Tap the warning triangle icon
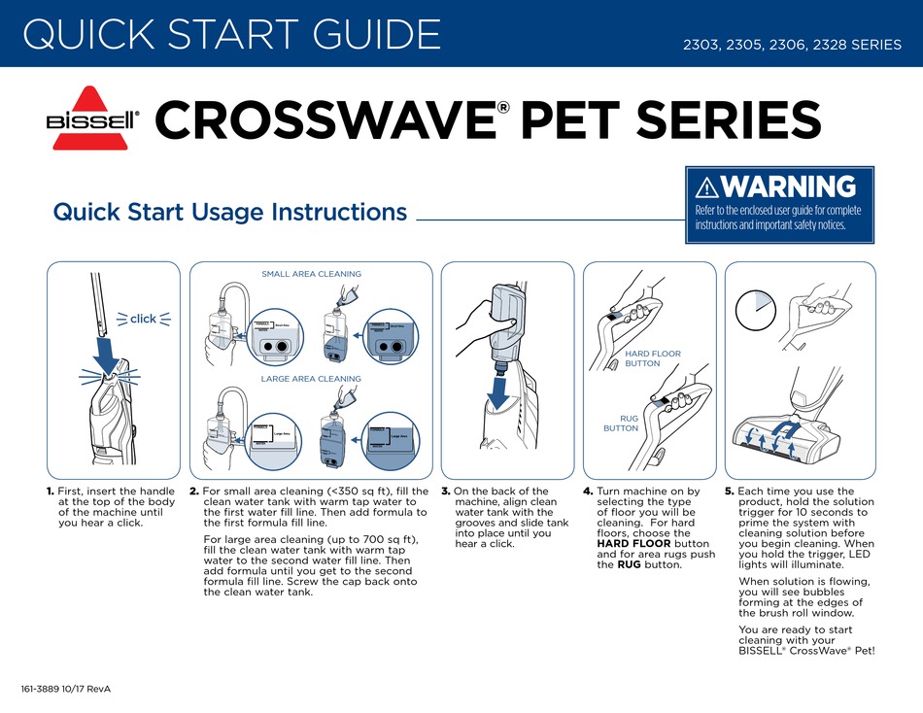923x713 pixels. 706,187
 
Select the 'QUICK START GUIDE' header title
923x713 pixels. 231,35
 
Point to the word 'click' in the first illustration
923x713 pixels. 143,319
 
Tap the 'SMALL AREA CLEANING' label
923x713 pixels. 311,274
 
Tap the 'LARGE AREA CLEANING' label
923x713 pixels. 311,379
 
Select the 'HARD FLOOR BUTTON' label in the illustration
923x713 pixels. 652,358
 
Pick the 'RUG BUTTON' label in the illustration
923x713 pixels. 622,423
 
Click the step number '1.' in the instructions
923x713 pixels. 50,492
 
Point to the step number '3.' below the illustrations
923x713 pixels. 446,492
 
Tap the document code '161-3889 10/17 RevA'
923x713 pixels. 66,689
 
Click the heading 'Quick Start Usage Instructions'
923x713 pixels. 230,212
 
